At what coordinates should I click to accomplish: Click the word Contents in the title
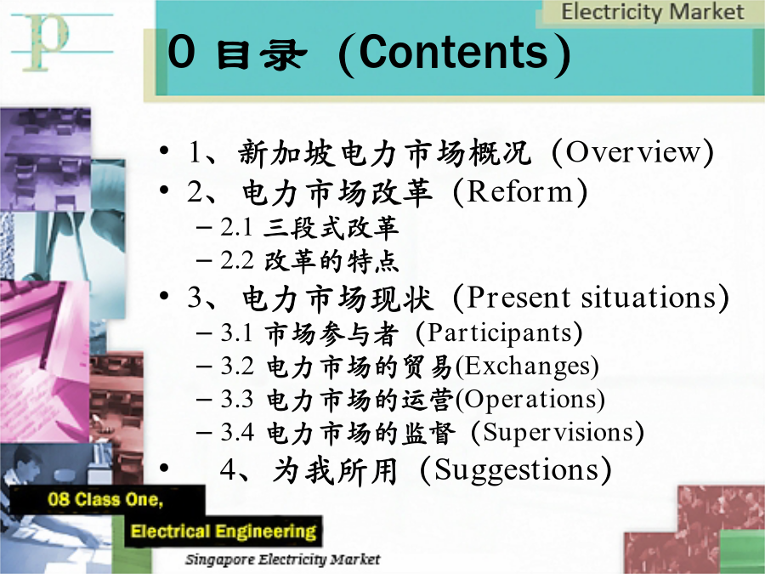[x=454, y=52]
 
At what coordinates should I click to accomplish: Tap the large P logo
[x=48, y=43]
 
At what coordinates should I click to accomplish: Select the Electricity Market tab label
[x=652, y=12]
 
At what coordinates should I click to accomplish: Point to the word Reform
[x=520, y=191]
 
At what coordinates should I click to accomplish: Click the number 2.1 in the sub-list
[x=236, y=227]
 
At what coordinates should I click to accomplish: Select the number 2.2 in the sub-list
[x=236, y=261]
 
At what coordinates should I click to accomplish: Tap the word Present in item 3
[x=518, y=297]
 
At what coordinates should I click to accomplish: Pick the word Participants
[x=500, y=333]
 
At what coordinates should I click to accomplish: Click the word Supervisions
[x=558, y=433]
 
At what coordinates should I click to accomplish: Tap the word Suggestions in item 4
[x=517, y=471]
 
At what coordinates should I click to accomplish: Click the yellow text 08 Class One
[x=105, y=499]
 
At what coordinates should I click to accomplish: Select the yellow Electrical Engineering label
[x=224, y=531]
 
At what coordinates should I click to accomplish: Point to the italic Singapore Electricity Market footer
[x=282, y=560]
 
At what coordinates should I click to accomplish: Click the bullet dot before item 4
[x=164, y=468]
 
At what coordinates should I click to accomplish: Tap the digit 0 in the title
[x=181, y=51]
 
